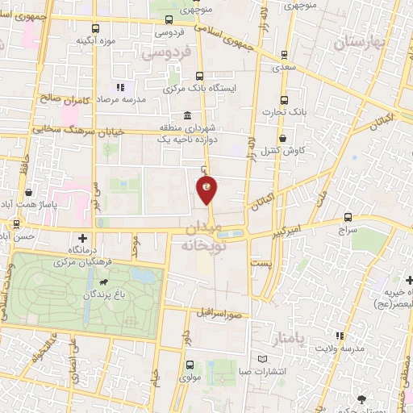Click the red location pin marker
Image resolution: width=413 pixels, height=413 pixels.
[x=207, y=190]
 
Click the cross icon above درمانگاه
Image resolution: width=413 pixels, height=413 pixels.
[x=83, y=239]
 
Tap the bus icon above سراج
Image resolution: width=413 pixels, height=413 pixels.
[x=348, y=217]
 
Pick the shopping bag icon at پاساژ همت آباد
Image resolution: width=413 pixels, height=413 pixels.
[x=30, y=193]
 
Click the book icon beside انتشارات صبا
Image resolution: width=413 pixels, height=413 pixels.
[x=262, y=359]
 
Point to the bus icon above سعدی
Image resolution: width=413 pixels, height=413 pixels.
[x=284, y=55]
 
